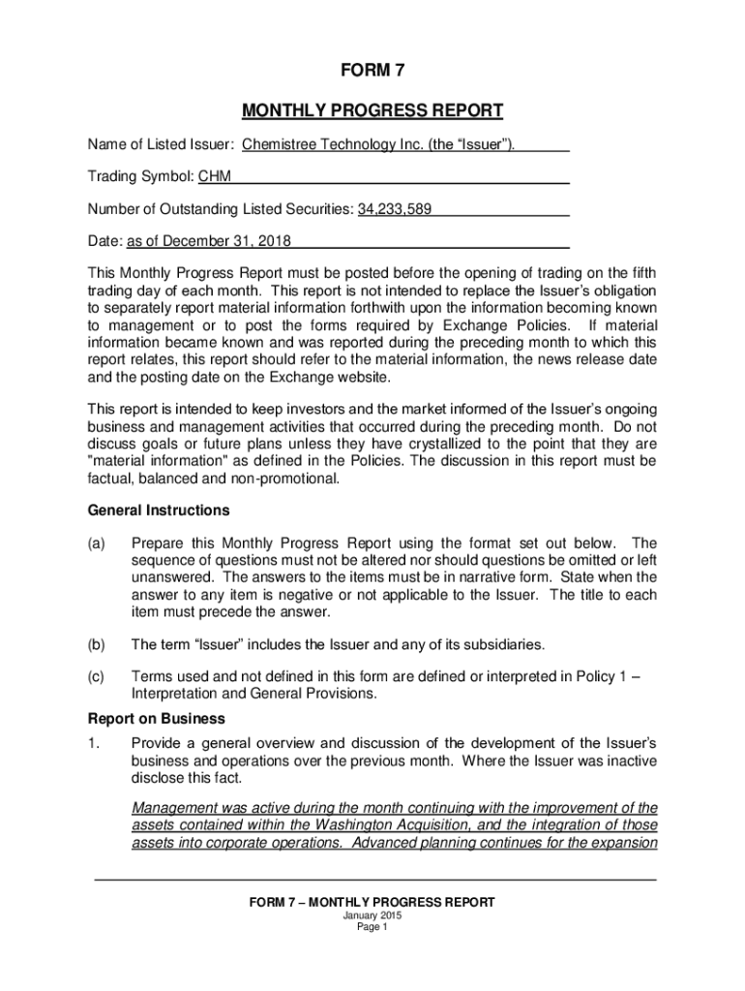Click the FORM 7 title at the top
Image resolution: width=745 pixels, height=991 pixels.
point(372,71)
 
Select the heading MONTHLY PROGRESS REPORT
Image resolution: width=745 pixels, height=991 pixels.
point(372,110)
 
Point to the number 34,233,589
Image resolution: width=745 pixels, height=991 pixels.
point(395,209)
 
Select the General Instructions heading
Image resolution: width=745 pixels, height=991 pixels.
point(159,510)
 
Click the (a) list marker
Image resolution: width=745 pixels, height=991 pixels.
point(96,543)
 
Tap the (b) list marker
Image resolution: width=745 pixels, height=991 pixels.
point(96,644)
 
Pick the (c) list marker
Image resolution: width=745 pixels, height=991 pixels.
point(96,677)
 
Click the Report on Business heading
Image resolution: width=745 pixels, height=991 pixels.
point(157,719)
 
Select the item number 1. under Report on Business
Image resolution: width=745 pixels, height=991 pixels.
point(94,743)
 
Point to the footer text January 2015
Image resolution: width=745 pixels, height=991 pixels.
point(372,916)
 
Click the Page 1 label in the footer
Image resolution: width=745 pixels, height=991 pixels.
point(372,927)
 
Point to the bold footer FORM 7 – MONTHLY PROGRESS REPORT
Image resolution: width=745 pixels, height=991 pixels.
point(372,902)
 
